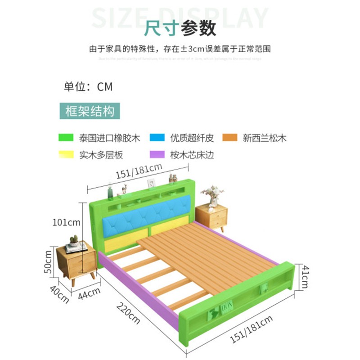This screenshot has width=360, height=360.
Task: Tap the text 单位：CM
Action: coord(88,86)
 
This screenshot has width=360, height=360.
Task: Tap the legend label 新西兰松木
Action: coord(264,138)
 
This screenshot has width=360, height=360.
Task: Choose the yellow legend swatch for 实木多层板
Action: coord(66,155)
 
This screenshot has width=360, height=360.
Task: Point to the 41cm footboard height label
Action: coord(305,276)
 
